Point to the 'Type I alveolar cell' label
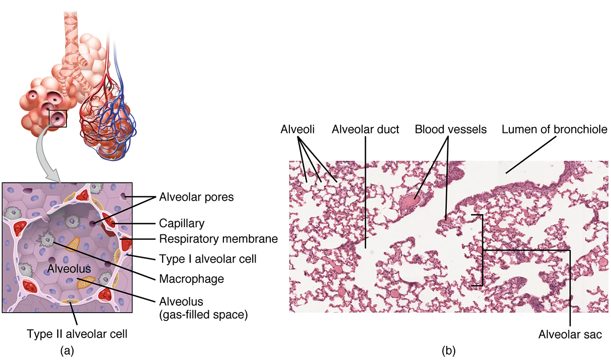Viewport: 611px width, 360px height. pyautogui.click(x=208, y=258)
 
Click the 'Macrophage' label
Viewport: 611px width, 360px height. pyautogui.click(x=191, y=279)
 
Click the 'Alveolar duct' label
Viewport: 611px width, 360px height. pyautogui.click(x=365, y=129)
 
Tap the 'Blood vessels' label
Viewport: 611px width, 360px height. pyautogui.click(x=451, y=129)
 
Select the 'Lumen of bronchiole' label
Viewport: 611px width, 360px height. pyautogui.click(x=554, y=129)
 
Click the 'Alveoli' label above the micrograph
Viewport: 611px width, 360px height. pyautogui.click(x=297, y=129)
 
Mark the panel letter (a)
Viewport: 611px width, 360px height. pyautogui.click(x=66, y=350)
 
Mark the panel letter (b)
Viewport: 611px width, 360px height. pyautogui.click(x=449, y=350)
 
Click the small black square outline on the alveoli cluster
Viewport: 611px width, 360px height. pyautogui.click(x=58, y=118)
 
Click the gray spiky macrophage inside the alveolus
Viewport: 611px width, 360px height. pyautogui.click(x=48, y=238)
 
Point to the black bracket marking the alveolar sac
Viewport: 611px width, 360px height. pyautogui.click(x=482, y=250)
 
